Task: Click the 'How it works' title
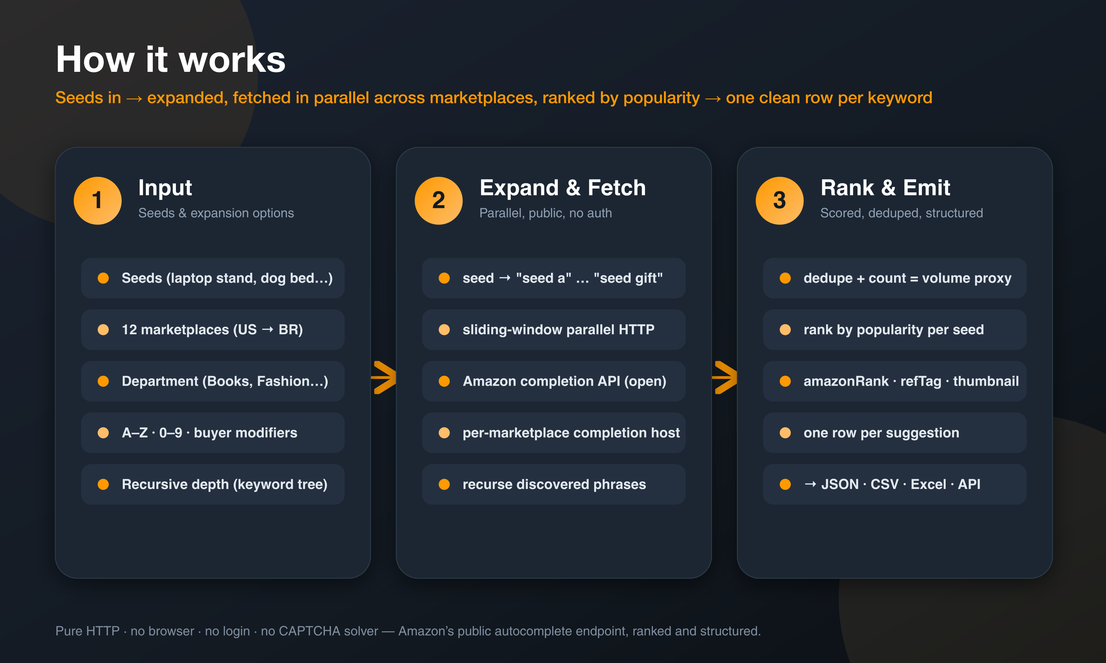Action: [x=171, y=59]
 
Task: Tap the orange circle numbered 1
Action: [x=97, y=201]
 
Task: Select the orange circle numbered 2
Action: [x=439, y=201]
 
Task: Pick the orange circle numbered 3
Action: [x=780, y=201]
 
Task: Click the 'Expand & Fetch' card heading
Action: [x=562, y=188]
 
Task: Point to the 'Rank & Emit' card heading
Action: [x=885, y=188]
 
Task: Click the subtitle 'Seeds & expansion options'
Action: [x=216, y=213]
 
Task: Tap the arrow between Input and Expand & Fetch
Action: [x=384, y=377]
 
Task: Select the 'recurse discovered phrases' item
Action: [x=554, y=484]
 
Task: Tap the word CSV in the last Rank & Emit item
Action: [x=884, y=484]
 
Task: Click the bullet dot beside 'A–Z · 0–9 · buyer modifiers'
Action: [x=103, y=433]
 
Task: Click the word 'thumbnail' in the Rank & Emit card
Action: [x=986, y=381]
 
